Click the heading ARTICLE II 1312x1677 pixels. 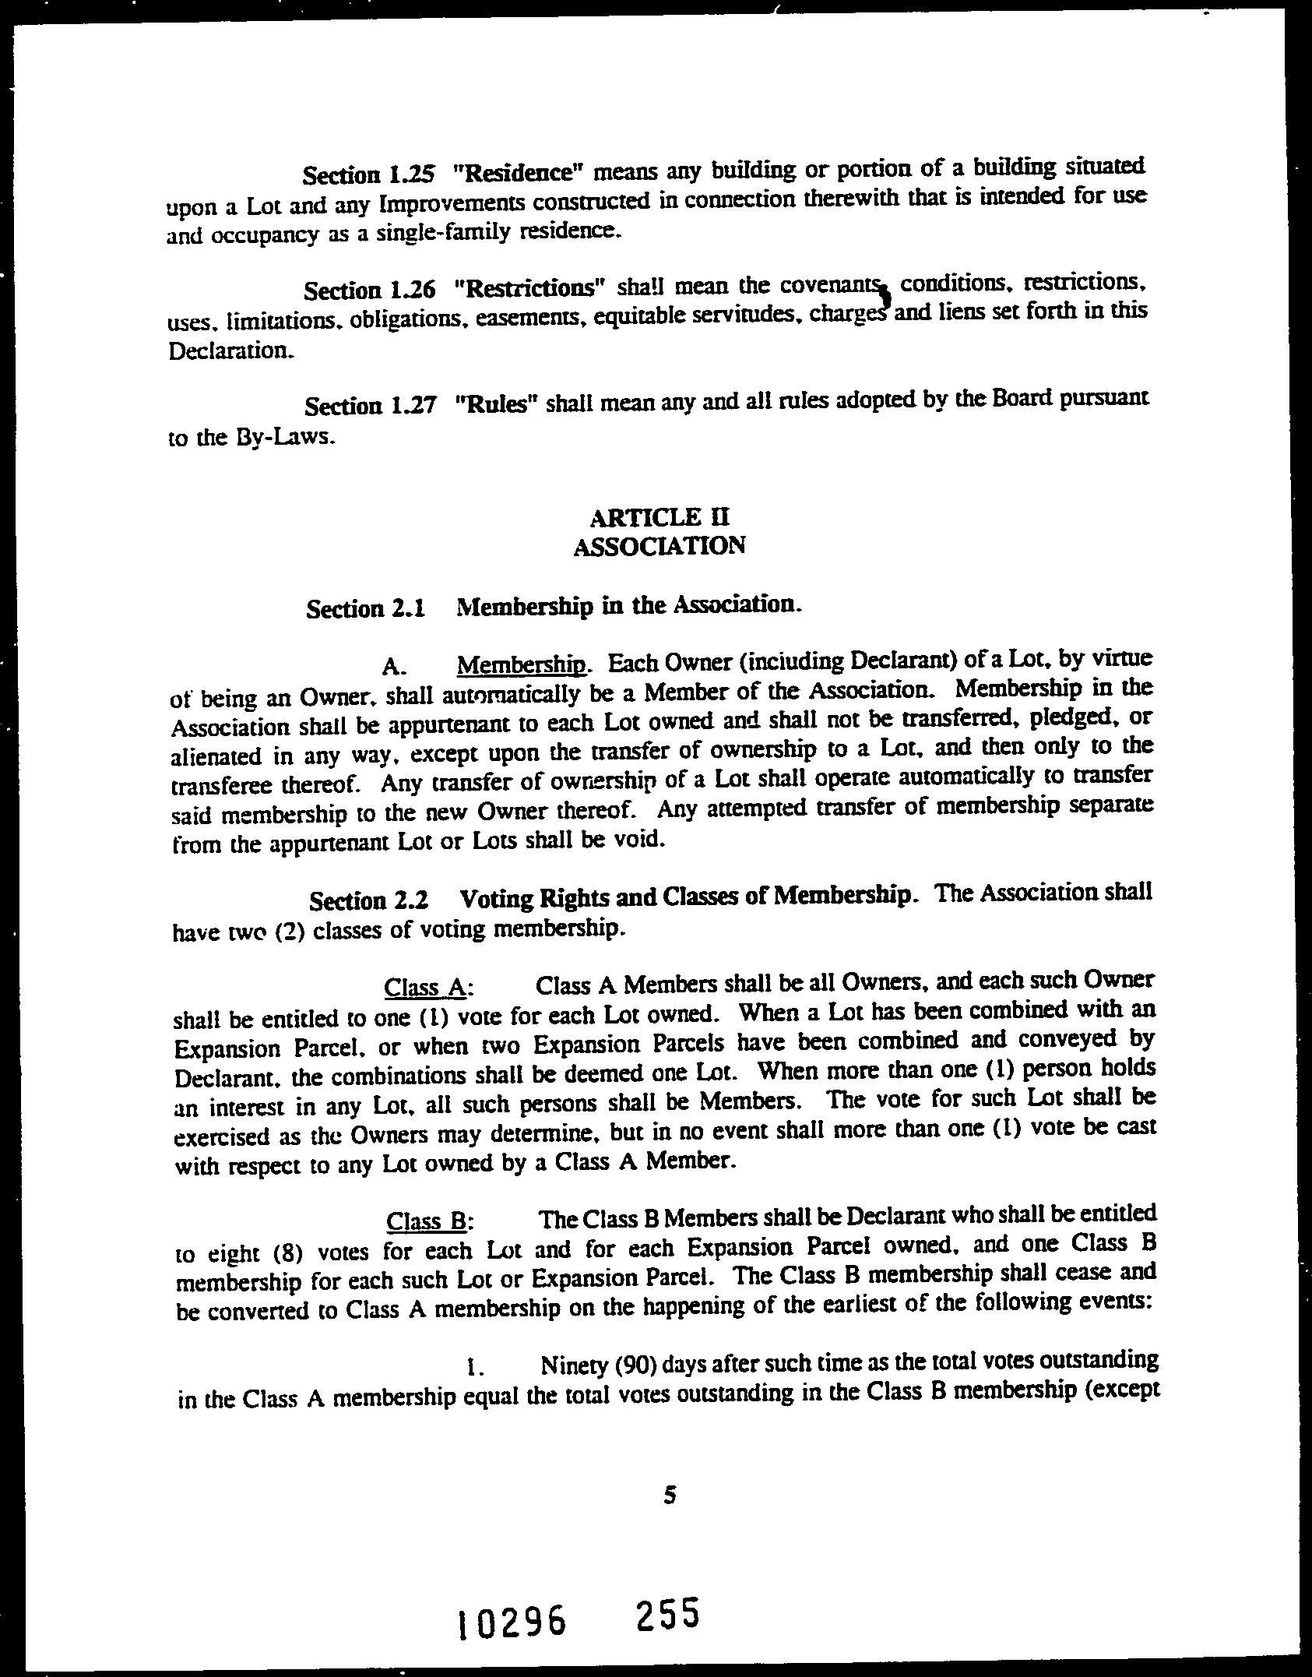click(x=660, y=516)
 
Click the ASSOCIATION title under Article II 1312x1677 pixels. click(x=660, y=545)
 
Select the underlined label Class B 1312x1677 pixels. click(x=426, y=1221)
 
